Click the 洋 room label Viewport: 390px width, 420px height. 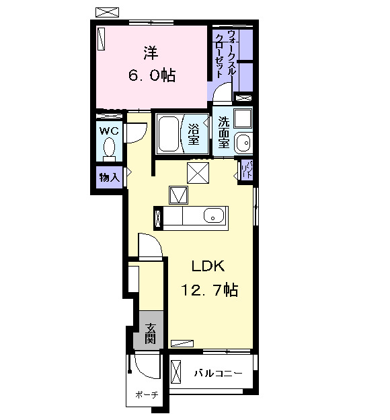coord(150,51)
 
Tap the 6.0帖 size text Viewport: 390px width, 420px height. coord(151,75)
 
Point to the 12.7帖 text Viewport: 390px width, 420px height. coord(208,290)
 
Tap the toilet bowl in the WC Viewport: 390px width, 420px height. coord(110,147)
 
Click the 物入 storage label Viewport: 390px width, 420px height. coord(108,178)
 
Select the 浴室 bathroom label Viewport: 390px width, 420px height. coord(194,134)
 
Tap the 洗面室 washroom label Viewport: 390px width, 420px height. coord(223,133)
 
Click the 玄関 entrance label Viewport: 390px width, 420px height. coord(151,334)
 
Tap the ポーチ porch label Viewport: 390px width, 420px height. coord(145,394)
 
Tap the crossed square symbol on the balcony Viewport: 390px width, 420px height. coord(177,372)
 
